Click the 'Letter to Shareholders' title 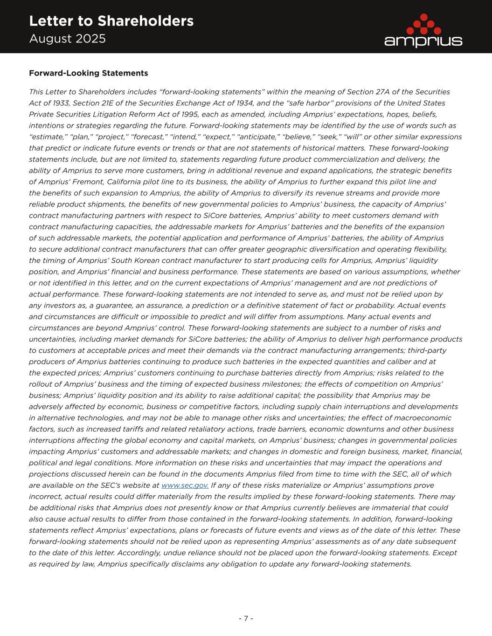point(111,21)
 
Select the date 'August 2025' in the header point(67,39)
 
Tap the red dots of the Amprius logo point(423,24)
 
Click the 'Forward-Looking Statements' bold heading point(88,73)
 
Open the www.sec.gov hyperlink point(185,486)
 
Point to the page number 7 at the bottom point(246,618)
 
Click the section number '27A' point(395,92)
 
